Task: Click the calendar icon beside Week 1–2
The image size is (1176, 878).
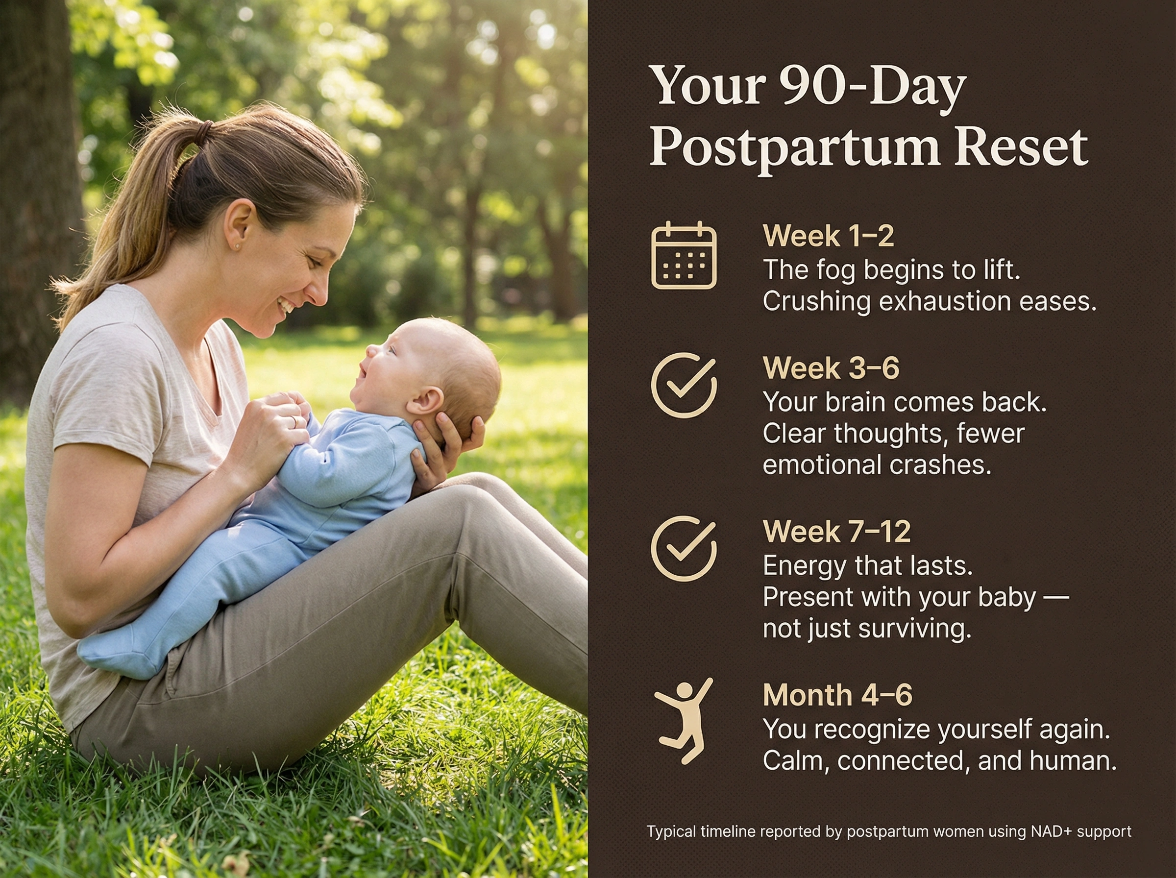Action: tap(684, 256)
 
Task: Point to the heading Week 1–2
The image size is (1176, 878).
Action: tap(829, 236)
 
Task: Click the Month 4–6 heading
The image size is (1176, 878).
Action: tap(837, 695)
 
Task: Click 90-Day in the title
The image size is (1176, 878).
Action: tap(872, 87)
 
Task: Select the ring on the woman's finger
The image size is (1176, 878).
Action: tap(294, 421)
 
